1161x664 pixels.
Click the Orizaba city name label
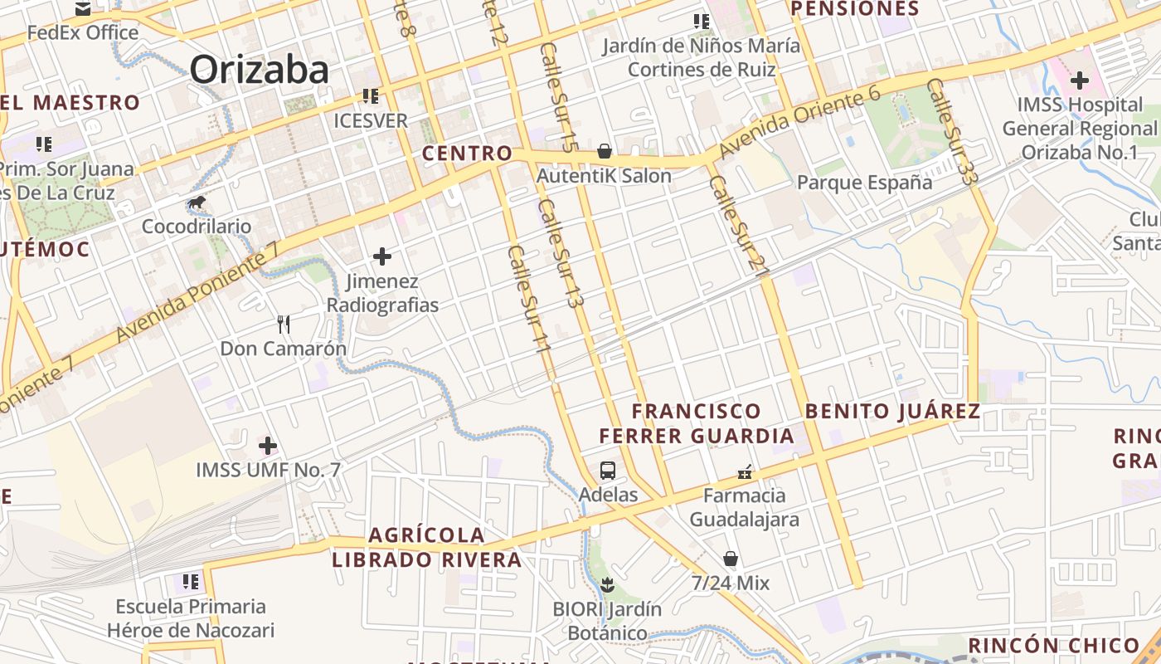[x=260, y=69]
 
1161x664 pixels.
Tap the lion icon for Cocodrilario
[x=197, y=203]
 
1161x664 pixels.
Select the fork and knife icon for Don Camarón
[x=284, y=324]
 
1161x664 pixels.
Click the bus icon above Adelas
[x=608, y=471]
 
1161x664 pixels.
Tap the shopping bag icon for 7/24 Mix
[x=731, y=559]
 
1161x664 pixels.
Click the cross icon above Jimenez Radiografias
[x=382, y=256]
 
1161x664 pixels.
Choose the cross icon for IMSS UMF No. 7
[x=268, y=446]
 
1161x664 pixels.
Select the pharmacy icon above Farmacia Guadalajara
[x=745, y=472]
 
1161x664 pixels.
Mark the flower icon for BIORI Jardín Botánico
[x=608, y=584]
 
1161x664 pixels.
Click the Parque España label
[x=864, y=183]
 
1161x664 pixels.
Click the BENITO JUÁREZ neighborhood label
[x=892, y=411]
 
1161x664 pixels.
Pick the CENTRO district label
[x=467, y=154]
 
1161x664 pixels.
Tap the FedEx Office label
[x=83, y=33]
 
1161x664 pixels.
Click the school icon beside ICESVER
[x=370, y=96]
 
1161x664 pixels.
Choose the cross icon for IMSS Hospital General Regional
[x=1079, y=81]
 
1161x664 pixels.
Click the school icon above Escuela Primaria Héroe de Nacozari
[x=191, y=582]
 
